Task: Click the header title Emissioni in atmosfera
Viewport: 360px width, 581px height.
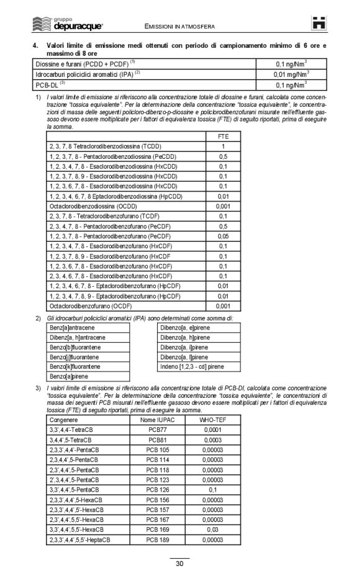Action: click(x=179, y=27)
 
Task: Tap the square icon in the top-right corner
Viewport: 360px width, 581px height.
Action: click(x=319, y=24)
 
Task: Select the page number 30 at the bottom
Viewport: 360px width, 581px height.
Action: click(x=179, y=564)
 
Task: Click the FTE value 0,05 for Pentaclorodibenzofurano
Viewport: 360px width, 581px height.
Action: click(x=223, y=236)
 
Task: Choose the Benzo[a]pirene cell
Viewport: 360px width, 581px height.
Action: click(x=69, y=377)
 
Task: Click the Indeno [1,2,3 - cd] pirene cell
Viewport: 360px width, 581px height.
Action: click(x=192, y=367)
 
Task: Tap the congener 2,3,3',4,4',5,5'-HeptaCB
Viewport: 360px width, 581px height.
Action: click(x=79, y=540)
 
